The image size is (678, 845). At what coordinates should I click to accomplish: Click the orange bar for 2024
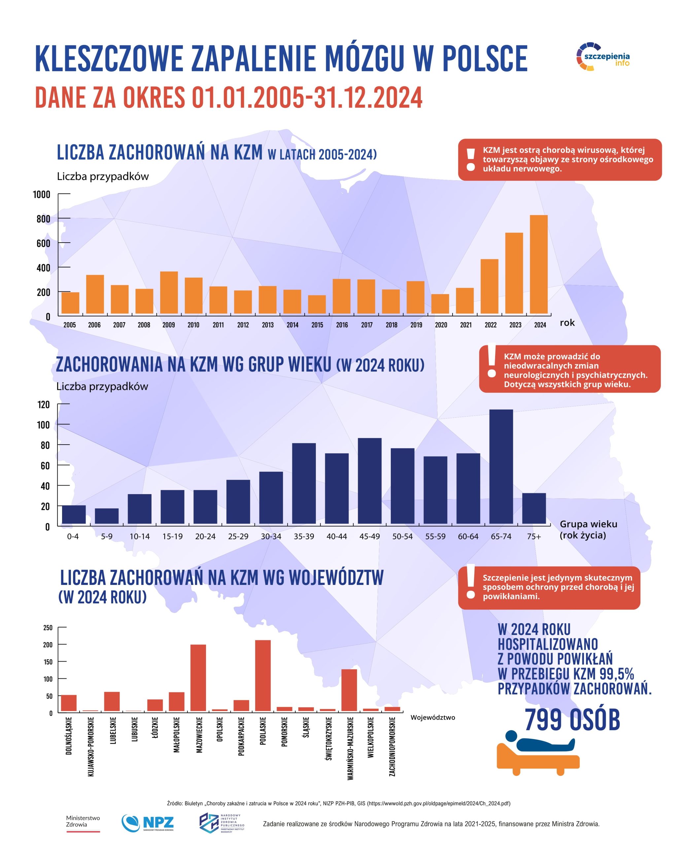click(538, 264)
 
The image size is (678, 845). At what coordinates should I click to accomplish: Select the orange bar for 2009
click(169, 292)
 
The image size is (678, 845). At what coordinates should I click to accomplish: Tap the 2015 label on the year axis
click(317, 325)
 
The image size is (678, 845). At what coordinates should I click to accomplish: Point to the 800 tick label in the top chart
click(43, 219)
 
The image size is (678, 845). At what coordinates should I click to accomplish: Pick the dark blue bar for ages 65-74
click(501, 466)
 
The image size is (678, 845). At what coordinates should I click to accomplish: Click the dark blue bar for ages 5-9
click(107, 516)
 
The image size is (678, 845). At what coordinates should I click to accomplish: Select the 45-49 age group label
click(369, 536)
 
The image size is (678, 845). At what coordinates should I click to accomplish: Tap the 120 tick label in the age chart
click(43, 404)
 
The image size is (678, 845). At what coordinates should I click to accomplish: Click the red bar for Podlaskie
click(262, 675)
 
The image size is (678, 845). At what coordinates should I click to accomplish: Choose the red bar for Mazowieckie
click(198, 678)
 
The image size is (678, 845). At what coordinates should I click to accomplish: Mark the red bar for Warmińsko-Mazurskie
click(349, 690)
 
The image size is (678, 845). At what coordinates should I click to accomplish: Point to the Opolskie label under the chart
click(220, 729)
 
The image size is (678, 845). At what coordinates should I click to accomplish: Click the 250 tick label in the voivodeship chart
click(48, 627)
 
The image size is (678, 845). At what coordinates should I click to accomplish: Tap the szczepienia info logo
click(603, 57)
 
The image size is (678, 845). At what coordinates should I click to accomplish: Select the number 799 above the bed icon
click(544, 720)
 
